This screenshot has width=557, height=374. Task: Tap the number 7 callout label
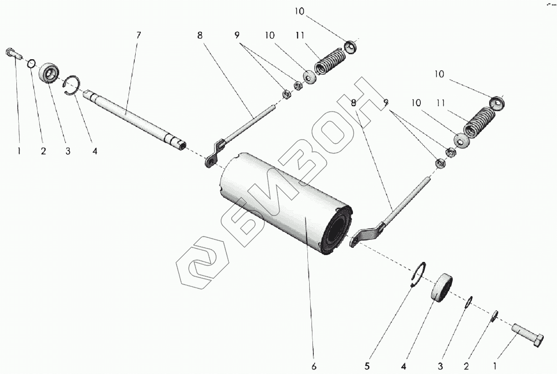[x=138, y=35]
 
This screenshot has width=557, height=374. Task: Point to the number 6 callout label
[x=314, y=366]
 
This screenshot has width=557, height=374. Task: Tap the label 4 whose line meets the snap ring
[x=94, y=151]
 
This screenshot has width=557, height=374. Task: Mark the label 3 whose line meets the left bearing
[x=67, y=151]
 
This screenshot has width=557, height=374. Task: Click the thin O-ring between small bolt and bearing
[x=31, y=63]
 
